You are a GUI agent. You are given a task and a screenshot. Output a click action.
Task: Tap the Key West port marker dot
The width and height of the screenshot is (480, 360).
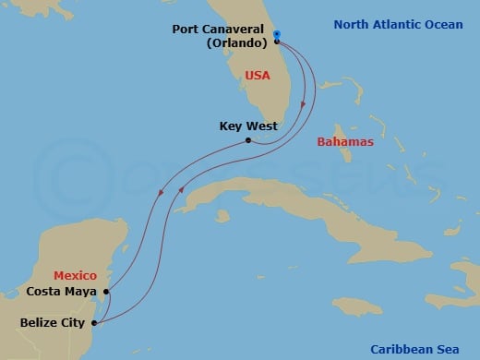tap(248, 140)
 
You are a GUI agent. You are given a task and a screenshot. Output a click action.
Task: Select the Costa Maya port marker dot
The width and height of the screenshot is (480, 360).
tap(107, 292)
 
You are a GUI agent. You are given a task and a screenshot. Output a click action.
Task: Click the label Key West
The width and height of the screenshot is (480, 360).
tap(248, 126)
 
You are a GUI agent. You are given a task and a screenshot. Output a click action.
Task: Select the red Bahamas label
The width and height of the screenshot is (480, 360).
tap(343, 142)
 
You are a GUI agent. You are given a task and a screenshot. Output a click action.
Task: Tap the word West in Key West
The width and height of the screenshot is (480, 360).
tap(261, 126)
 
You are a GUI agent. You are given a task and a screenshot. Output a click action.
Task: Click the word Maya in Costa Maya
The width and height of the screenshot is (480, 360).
tap(81, 293)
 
